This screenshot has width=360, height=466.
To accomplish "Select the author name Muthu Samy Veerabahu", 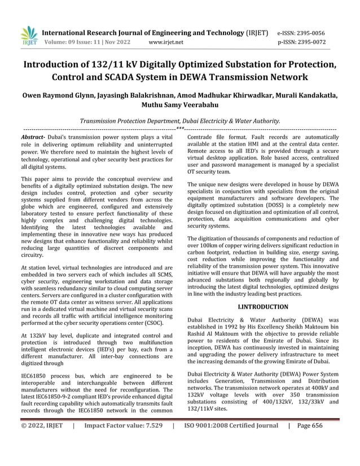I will click(180, 105).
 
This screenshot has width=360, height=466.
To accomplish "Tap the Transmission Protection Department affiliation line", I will click(179, 121).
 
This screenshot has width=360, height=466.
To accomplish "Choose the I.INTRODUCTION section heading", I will click(262, 307).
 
